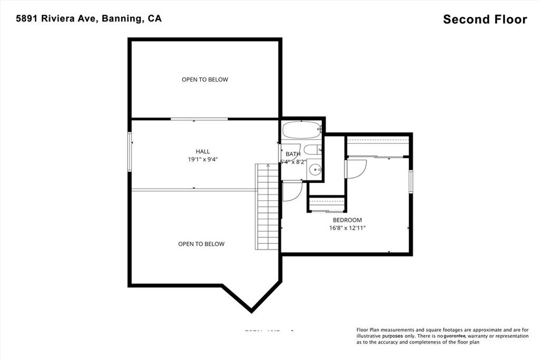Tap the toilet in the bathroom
point(311,150)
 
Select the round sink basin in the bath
point(314,169)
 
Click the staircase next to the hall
point(267,208)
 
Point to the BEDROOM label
point(347,220)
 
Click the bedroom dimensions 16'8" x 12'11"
point(347,228)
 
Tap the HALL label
point(203,151)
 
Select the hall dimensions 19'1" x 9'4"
point(203,159)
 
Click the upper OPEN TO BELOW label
point(205,80)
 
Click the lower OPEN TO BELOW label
point(201,244)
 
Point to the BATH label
point(293,154)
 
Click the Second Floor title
point(485,20)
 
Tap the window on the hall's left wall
point(130,152)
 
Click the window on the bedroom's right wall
point(410,179)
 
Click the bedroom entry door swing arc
point(356,170)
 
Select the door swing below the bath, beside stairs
point(292,192)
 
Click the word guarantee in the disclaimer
point(454,336)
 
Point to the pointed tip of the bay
point(251,310)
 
